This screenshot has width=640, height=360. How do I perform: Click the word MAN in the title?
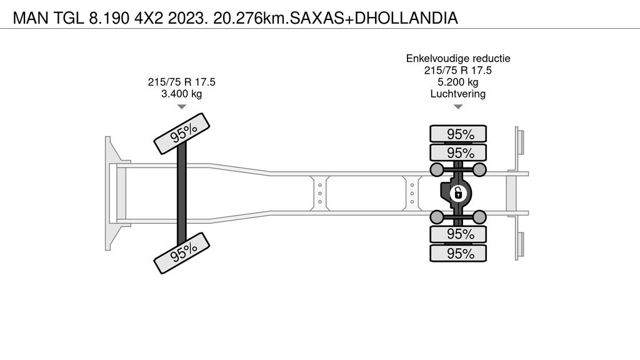pos(31,18)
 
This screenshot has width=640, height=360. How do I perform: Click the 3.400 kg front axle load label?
pos(182,94)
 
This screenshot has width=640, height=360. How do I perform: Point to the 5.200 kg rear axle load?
pos(458,82)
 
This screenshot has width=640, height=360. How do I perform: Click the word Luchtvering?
pos(458,94)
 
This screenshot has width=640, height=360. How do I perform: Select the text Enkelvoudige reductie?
pos(458,58)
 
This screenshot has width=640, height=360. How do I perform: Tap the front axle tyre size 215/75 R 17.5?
pos(182,82)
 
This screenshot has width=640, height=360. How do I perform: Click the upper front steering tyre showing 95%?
pos(182,134)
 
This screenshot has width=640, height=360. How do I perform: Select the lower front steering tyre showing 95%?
pos(182,253)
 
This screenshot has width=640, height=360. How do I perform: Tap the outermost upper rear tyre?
pos(458,134)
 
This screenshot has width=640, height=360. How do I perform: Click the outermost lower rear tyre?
pos(458,253)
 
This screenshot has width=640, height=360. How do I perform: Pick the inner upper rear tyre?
pos(458,152)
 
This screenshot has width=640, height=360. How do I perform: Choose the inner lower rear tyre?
pos(458,234)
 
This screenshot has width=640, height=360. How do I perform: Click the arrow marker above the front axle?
pos(182,107)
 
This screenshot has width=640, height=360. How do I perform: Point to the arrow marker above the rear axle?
pos(458,107)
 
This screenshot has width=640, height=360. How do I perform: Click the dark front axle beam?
pos(182,193)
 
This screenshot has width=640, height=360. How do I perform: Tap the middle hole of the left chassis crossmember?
pos(320,194)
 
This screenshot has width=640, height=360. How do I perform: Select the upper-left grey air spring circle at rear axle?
pos(437,169)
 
